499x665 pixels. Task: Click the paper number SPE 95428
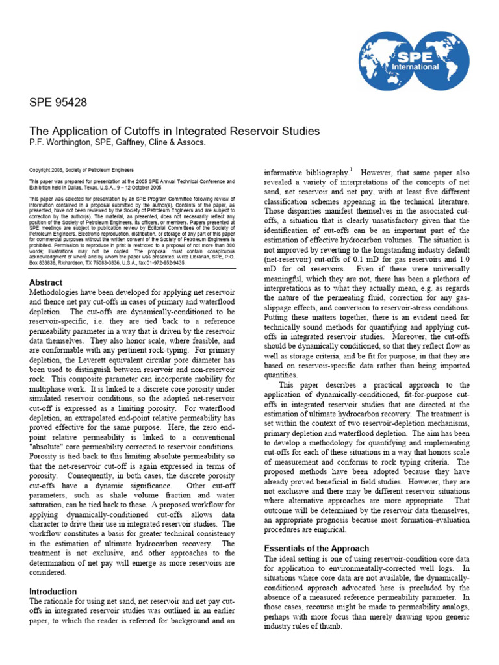(x=58, y=103)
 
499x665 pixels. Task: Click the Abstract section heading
(x=45, y=282)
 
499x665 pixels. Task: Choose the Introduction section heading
(x=53, y=592)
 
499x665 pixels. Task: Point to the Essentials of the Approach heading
(x=316, y=549)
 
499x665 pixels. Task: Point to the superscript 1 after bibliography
(x=352, y=170)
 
